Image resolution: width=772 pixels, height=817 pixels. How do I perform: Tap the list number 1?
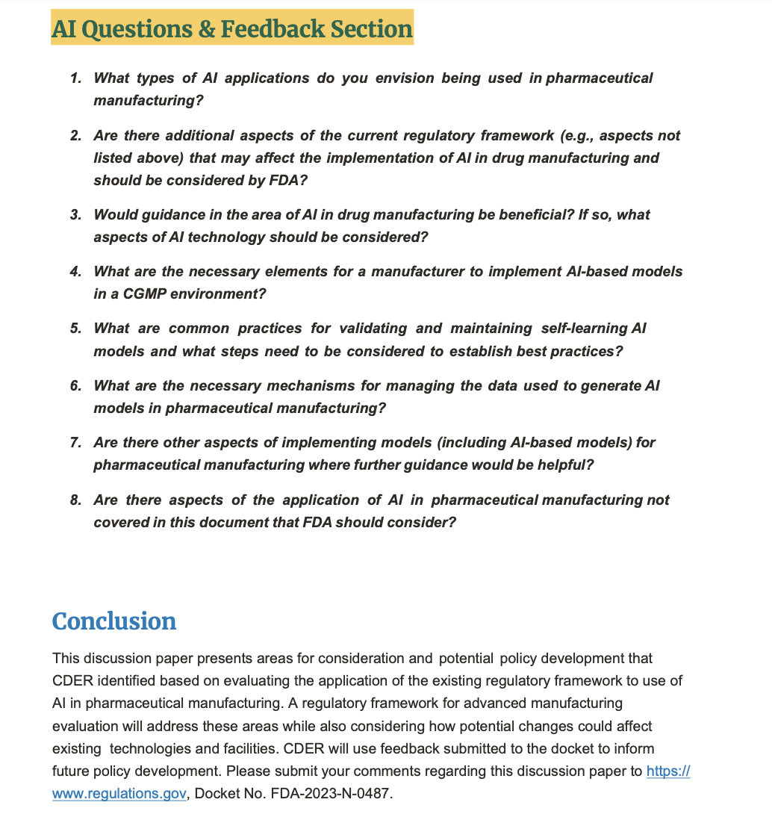[x=75, y=78]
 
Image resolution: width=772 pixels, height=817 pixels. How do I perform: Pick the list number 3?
[x=75, y=215]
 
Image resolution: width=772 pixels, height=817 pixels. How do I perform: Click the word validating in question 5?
[x=373, y=329]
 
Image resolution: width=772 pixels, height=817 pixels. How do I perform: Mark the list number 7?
[x=75, y=443]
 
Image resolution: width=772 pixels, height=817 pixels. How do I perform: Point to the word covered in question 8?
[x=117, y=523]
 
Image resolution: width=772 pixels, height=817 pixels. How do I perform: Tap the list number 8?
[x=75, y=500]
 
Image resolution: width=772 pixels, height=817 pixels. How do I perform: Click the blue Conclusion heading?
[x=114, y=621]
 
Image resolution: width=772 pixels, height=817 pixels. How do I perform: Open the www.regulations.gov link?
[x=119, y=794]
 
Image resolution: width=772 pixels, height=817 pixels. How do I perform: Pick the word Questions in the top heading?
[x=127, y=28]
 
